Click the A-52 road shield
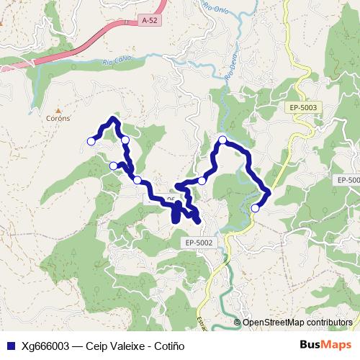(150, 22)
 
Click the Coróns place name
(58, 119)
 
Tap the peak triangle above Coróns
(59, 110)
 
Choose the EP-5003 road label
(304, 107)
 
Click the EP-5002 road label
(199, 243)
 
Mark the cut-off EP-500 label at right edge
(348, 179)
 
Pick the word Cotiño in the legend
(170, 346)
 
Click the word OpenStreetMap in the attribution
(274, 323)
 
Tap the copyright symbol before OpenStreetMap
(238, 323)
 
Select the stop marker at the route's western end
(91, 141)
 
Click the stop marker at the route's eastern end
(255, 208)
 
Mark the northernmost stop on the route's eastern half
(223, 140)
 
